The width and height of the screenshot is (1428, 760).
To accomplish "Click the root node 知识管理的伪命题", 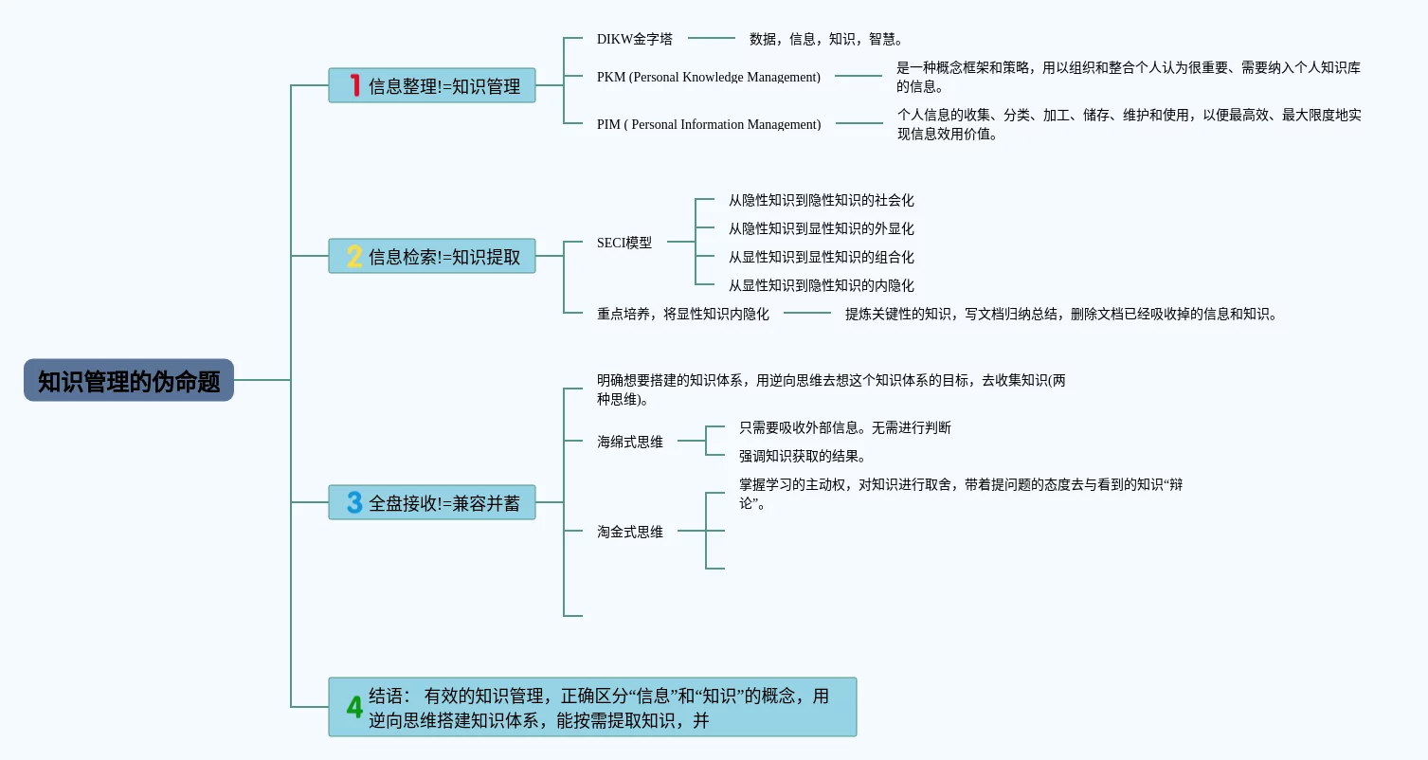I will (129, 380).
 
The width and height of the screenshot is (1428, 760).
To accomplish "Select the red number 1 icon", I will (355, 85).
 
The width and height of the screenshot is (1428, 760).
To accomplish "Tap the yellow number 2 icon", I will (354, 256).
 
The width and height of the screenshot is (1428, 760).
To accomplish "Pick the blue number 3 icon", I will (354, 502).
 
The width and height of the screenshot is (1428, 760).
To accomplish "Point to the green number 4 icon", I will (354, 707).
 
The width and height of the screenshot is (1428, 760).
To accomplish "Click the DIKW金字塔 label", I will (635, 39).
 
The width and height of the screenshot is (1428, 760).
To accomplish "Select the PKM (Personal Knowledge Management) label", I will (709, 77).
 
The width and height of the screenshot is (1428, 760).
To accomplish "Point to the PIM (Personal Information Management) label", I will (709, 124).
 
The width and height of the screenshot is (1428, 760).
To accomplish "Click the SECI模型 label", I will (624, 243).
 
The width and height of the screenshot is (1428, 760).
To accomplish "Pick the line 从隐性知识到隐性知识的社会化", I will (821, 200).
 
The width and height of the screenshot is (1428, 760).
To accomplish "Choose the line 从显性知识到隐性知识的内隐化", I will (821, 285).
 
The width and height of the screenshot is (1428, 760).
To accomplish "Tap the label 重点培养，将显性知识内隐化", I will (683, 314).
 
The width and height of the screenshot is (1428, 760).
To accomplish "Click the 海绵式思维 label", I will (630, 442).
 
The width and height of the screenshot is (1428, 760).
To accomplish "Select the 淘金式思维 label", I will (630, 532).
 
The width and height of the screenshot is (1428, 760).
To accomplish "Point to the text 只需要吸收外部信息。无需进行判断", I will (845, 427).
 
